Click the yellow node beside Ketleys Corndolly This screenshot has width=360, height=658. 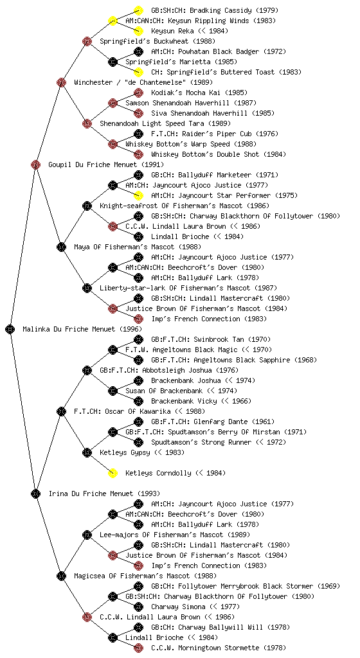point(113,473)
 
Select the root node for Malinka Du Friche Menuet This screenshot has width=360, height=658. point(10,329)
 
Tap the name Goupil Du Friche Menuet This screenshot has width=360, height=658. point(93,164)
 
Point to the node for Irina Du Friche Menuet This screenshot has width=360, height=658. point(35,493)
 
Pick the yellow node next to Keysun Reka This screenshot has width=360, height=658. point(138,31)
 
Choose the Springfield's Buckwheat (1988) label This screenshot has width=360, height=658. point(157,41)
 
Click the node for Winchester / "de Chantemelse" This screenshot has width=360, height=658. point(61,82)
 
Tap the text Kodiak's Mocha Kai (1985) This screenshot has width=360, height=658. point(199,93)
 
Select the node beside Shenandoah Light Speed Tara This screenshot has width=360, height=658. point(87,123)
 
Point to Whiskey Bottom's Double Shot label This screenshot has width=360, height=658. point(205,154)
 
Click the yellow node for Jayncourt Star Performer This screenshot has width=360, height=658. point(138,195)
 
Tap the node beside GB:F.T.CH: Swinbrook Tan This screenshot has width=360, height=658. point(138,339)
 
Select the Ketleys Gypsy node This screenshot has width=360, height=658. point(87,452)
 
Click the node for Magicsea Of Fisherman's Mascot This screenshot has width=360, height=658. point(61,576)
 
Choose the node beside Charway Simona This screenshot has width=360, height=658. point(138,607)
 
